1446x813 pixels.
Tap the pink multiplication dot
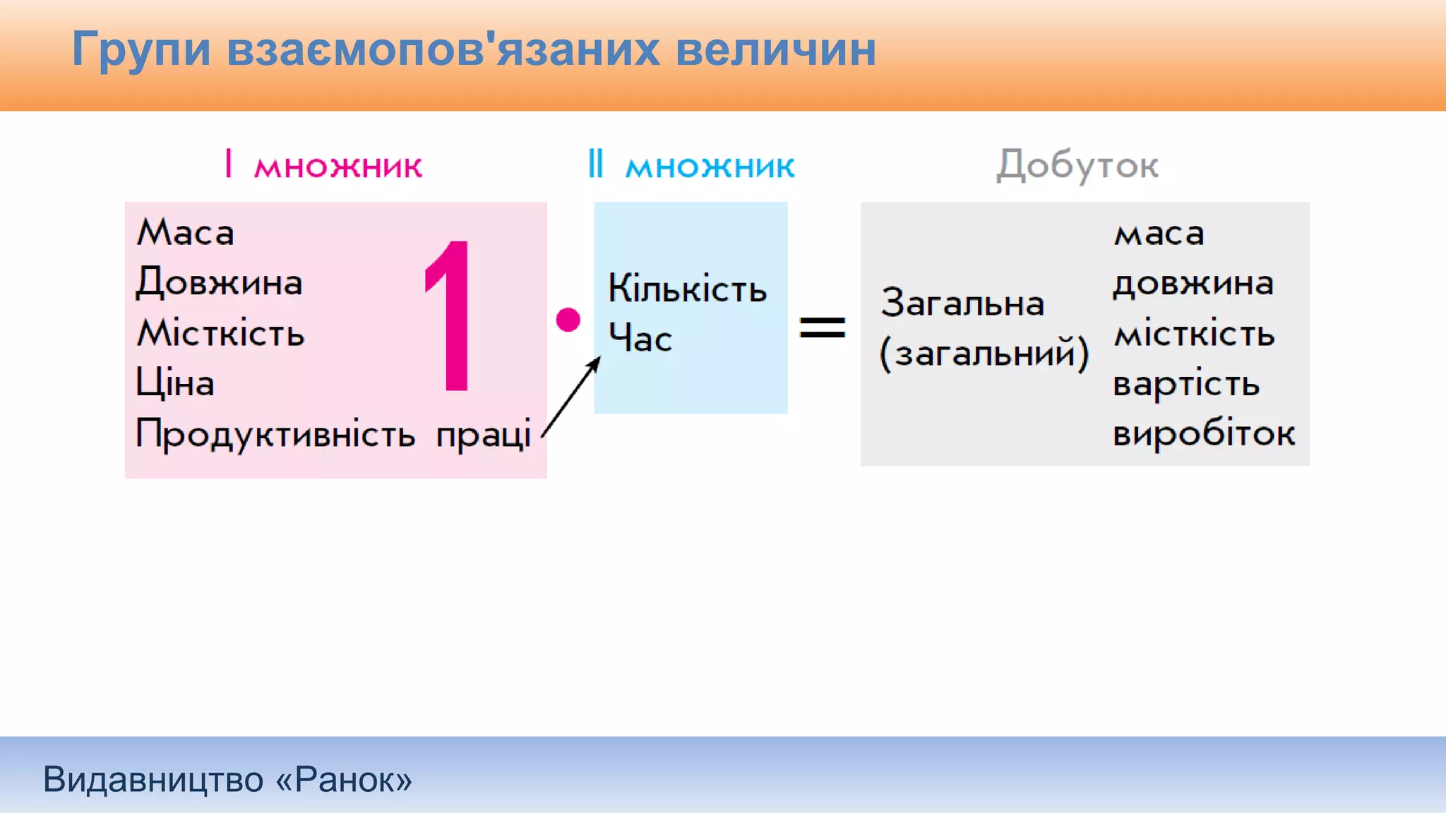pyautogui.click(x=568, y=320)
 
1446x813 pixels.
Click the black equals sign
pyautogui.click(x=822, y=327)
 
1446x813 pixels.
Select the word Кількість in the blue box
pyautogui.click(x=687, y=289)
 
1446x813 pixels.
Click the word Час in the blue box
pyautogui.click(x=640, y=338)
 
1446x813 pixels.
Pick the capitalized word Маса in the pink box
pyautogui.click(x=185, y=232)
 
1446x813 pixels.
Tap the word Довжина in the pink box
pyautogui.click(x=219, y=282)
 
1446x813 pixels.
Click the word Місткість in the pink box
pyautogui.click(x=220, y=332)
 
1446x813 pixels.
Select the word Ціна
pyautogui.click(x=174, y=383)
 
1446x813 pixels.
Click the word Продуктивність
pyautogui.click(x=275, y=433)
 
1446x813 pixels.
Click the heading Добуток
pyautogui.click(x=1077, y=166)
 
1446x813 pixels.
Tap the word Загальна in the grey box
pyautogui.click(x=962, y=303)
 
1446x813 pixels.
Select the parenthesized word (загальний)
pyautogui.click(x=984, y=353)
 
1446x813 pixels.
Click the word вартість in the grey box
pyautogui.click(x=1186, y=384)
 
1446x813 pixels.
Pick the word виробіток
pyautogui.click(x=1204, y=433)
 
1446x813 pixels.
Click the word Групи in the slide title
pyautogui.click(x=141, y=49)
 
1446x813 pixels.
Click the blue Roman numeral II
pyautogui.click(x=596, y=164)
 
